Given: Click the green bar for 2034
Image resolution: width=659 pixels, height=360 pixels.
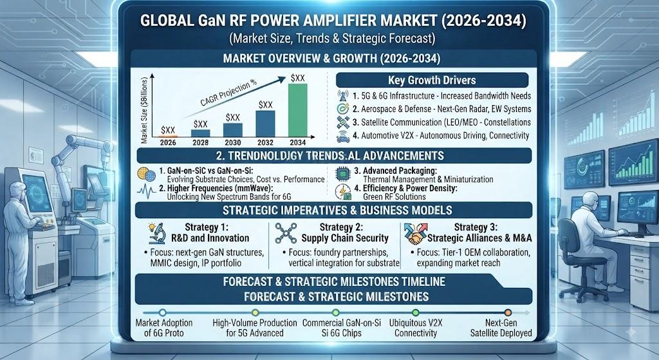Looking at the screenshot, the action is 297,110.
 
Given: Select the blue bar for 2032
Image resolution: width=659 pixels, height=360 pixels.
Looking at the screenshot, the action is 265,124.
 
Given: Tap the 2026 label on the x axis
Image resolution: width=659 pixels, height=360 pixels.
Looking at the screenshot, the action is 168,142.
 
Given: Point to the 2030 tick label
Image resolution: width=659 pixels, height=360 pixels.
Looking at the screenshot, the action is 233,142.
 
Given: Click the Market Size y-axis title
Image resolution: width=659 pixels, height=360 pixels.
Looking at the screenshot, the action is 144,110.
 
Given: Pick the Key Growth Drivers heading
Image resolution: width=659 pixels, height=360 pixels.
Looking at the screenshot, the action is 432,80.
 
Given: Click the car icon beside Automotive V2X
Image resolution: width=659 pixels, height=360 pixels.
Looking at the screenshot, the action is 343,136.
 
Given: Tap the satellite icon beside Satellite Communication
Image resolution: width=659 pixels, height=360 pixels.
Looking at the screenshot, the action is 343,122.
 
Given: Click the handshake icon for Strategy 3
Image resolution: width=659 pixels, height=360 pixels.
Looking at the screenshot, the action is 415,234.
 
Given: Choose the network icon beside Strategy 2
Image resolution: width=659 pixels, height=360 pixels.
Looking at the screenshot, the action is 286,233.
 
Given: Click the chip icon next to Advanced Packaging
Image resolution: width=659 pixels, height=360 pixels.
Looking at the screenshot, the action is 343,174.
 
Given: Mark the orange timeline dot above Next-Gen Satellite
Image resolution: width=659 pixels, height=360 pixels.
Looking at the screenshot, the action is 508,313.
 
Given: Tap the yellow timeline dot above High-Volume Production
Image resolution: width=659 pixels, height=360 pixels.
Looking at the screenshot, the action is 255,313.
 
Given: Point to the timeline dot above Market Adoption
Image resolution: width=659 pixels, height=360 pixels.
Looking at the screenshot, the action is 163,313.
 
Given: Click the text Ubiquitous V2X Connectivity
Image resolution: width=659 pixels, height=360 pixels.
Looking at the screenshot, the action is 416,328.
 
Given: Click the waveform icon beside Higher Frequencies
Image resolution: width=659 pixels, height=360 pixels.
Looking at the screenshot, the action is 146,191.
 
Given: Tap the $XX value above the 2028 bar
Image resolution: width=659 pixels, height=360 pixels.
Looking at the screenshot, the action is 201,124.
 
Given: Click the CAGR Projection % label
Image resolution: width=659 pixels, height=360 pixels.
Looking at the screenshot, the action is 228,93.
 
